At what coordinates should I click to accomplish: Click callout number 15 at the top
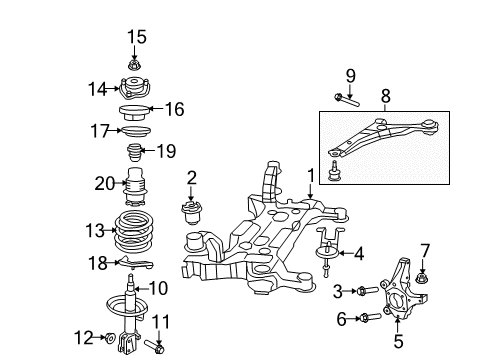pyautogui.click(x=135, y=37)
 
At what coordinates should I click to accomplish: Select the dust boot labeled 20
pyautogui.click(x=135, y=188)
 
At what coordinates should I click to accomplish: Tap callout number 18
pyautogui.click(x=97, y=262)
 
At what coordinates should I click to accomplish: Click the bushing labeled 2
pyautogui.click(x=190, y=214)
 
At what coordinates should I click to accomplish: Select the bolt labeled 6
pyautogui.click(x=362, y=319)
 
